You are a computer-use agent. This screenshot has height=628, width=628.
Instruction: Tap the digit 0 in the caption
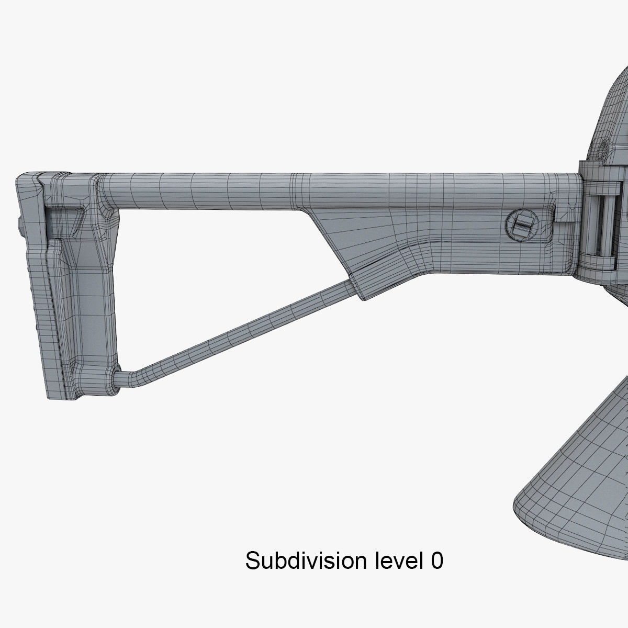[x=437, y=561]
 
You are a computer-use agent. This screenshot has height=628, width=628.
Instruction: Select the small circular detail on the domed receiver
[x=605, y=143]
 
